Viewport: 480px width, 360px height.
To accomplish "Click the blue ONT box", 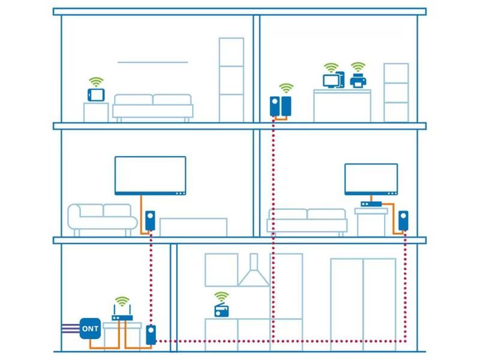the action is (x=90, y=328).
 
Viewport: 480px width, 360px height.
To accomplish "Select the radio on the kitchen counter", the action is (x=221, y=310).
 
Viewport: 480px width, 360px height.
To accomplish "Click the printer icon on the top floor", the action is (x=358, y=80).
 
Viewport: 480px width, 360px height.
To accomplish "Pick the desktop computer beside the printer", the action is (x=334, y=79).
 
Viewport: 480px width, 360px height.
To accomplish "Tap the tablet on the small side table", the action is (x=96, y=94).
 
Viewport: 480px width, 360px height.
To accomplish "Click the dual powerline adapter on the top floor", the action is (x=280, y=106).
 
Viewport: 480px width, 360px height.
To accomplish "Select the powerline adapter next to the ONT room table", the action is (x=151, y=335).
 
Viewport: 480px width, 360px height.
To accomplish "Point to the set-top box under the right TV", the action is (x=371, y=204).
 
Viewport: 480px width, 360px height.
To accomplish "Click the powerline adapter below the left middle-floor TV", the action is (x=150, y=220).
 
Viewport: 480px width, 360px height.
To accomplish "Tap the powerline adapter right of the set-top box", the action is (x=403, y=220).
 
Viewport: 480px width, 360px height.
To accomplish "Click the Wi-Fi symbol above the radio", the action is (x=221, y=296).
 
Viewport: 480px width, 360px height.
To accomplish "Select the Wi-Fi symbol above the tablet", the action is (x=96, y=82).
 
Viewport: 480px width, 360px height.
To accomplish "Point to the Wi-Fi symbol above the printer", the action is (x=358, y=67).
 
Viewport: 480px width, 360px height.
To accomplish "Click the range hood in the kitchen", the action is (x=253, y=271).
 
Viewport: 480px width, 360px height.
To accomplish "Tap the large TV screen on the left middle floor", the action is (x=150, y=175).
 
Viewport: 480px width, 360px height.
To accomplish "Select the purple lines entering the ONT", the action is (x=70, y=328).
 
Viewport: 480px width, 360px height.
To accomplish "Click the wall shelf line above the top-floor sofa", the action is (x=153, y=62).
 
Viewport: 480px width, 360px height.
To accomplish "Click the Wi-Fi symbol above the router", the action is (x=122, y=301).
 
